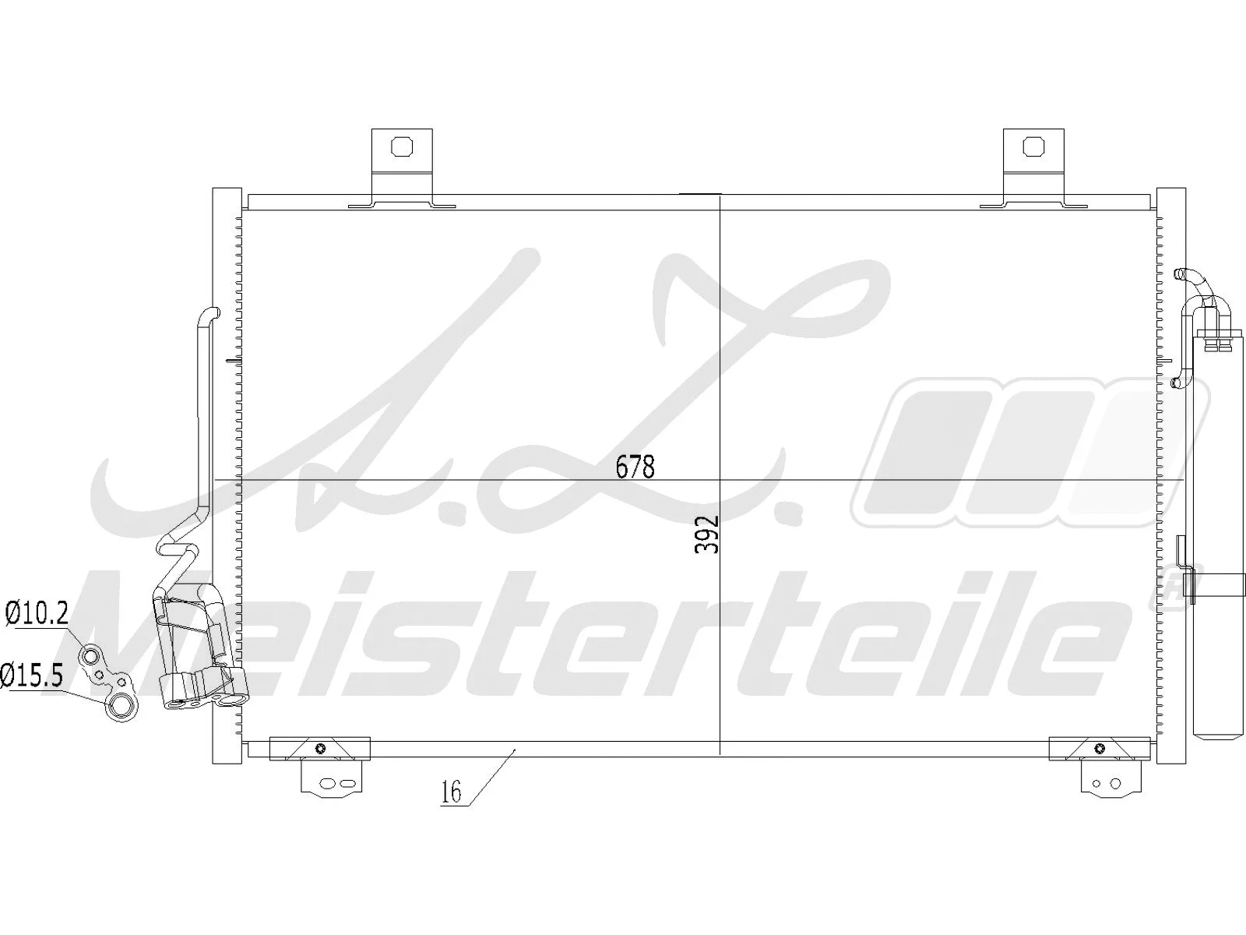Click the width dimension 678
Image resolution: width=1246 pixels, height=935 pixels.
coord(635,467)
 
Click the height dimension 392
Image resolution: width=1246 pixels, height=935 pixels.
coord(706,535)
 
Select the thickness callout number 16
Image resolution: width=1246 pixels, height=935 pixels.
coord(451,792)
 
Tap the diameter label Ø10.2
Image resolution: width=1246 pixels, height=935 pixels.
coord(37,614)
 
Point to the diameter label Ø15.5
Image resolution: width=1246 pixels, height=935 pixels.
coord(31,675)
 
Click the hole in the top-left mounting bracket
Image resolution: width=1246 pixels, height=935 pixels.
coord(401,146)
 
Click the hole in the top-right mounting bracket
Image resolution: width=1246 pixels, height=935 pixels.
coord(1033,146)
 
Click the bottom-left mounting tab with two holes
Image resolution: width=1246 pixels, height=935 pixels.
coord(332,782)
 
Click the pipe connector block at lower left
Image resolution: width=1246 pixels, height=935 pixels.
coord(204,689)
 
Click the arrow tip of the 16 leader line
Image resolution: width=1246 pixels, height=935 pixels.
coord(516,750)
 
